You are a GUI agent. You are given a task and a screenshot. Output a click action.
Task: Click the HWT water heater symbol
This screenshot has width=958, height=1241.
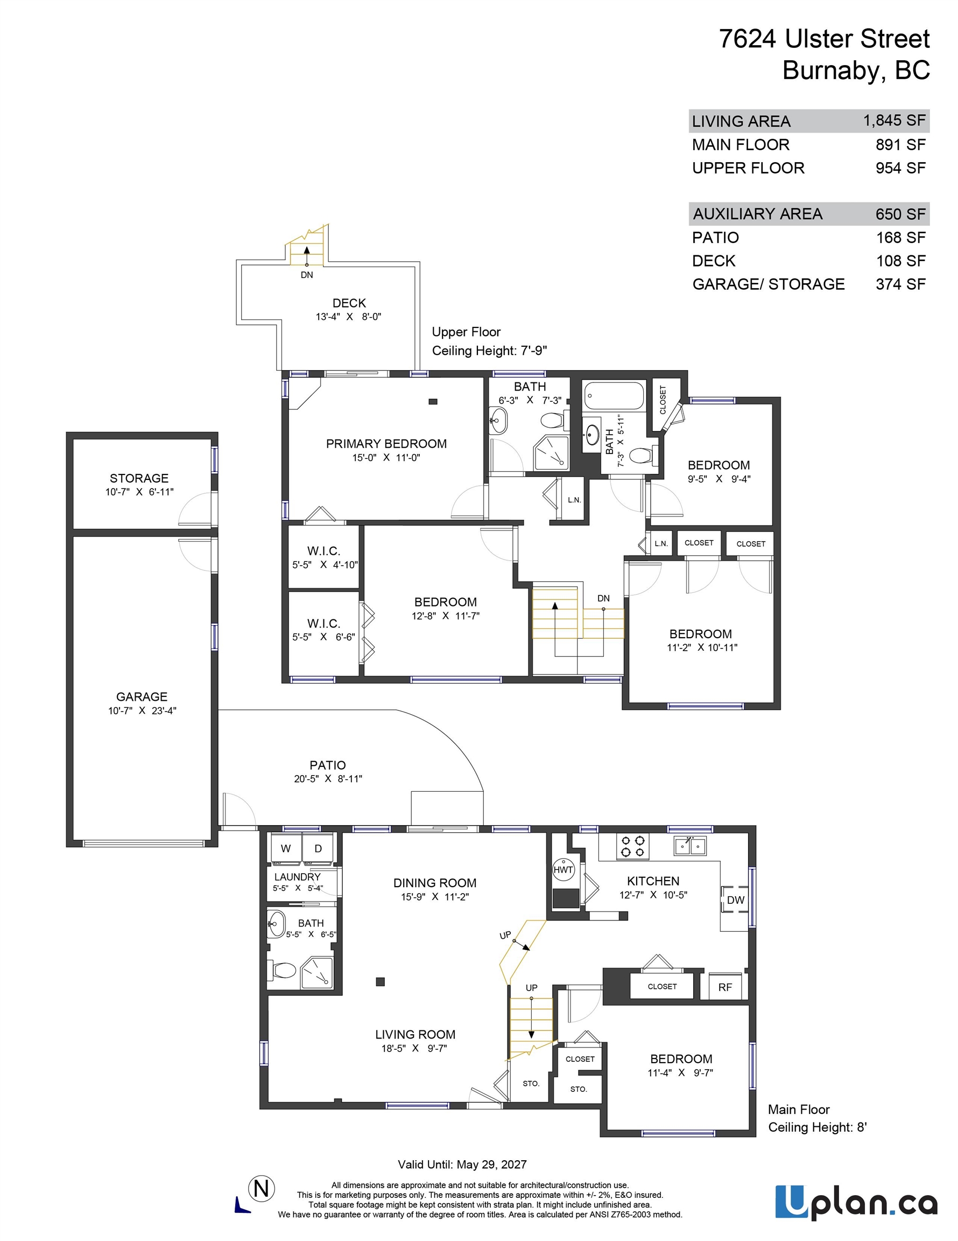tap(563, 869)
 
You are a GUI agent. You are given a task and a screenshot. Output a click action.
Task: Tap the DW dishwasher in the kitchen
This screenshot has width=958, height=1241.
tap(735, 899)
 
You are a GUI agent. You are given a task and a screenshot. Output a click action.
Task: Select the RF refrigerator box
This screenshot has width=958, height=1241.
tap(724, 987)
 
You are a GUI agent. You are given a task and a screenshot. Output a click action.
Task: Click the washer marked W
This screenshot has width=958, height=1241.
tap(286, 849)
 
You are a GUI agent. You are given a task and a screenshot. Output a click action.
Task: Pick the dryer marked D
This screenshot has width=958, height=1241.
tap(319, 849)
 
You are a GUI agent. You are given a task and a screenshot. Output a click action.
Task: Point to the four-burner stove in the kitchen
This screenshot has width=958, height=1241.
tap(632, 846)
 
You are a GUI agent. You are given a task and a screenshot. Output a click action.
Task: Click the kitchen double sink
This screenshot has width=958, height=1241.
tap(690, 846)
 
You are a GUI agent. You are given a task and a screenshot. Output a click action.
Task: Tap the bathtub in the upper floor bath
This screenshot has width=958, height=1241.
tap(614, 396)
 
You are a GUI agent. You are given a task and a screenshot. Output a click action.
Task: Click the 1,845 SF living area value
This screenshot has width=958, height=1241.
tap(894, 121)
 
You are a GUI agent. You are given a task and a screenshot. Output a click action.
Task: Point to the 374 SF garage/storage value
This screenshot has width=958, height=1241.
tap(900, 284)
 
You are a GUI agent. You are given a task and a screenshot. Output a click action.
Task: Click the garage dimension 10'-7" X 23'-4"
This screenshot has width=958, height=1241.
tap(142, 710)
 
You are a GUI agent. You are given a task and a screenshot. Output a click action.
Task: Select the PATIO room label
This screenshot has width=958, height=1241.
tap(328, 765)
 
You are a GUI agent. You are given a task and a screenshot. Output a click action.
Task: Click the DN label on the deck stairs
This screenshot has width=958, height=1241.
tap(307, 275)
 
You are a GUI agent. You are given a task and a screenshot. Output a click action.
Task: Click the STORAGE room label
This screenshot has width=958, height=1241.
tap(139, 478)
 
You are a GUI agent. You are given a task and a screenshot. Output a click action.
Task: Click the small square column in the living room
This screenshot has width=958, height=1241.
tap(381, 981)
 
